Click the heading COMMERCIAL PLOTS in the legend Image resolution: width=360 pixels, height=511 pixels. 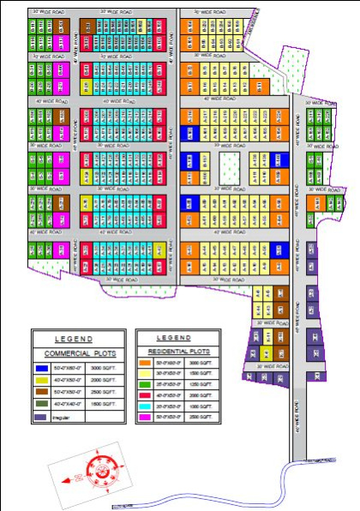(x=78, y=353)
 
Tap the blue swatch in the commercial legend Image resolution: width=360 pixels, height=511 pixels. (x=41, y=367)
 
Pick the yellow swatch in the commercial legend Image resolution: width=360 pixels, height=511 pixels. (x=41, y=379)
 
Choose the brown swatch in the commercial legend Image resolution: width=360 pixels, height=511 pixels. (x=41, y=392)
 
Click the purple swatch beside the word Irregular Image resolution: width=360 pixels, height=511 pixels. (x=41, y=417)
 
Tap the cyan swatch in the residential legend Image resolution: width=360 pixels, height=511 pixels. (x=147, y=404)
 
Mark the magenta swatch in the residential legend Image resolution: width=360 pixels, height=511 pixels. (x=147, y=416)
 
